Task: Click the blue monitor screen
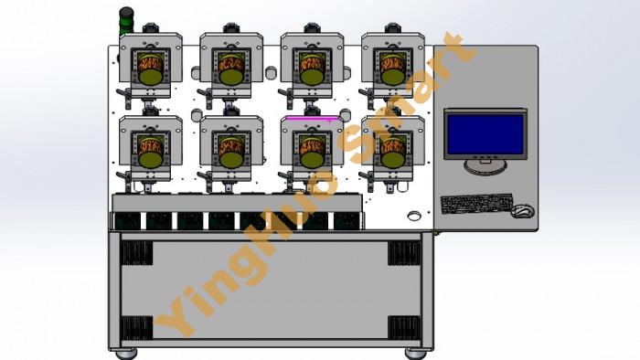click(x=485, y=134)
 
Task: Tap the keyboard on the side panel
click(x=476, y=203)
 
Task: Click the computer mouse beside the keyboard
click(x=522, y=210)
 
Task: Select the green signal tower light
click(x=126, y=22)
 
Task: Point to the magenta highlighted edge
click(x=313, y=118)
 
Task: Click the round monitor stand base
click(x=485, y=166)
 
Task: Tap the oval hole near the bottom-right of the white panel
click(x=414, y=216)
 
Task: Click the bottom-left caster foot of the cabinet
click(x=126, y=354)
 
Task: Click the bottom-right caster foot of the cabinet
click(x=416, y=354)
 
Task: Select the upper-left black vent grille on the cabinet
click(x=137, y=253)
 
